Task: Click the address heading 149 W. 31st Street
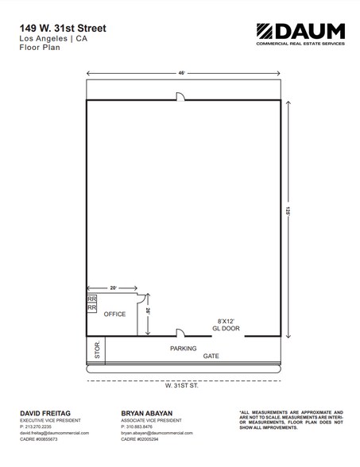pos(63,28)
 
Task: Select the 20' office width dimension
pos(113,287)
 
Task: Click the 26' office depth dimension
pos(149,313)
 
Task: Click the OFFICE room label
pos(115,315)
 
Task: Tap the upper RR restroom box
pos(91,298)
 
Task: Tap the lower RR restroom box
pos(91,307)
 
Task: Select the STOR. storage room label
pos(96,351)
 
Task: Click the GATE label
pos(211,357)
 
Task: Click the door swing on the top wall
pos(180,96)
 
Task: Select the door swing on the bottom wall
pos(180,332)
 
